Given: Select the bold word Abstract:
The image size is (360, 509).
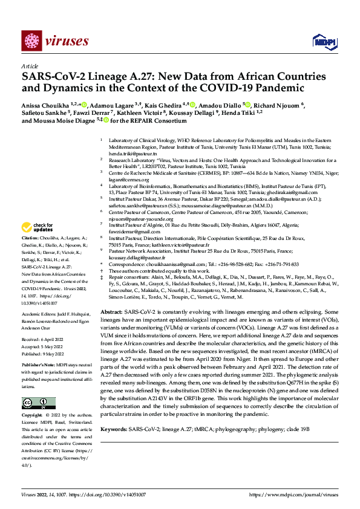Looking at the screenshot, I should [112, 326].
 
